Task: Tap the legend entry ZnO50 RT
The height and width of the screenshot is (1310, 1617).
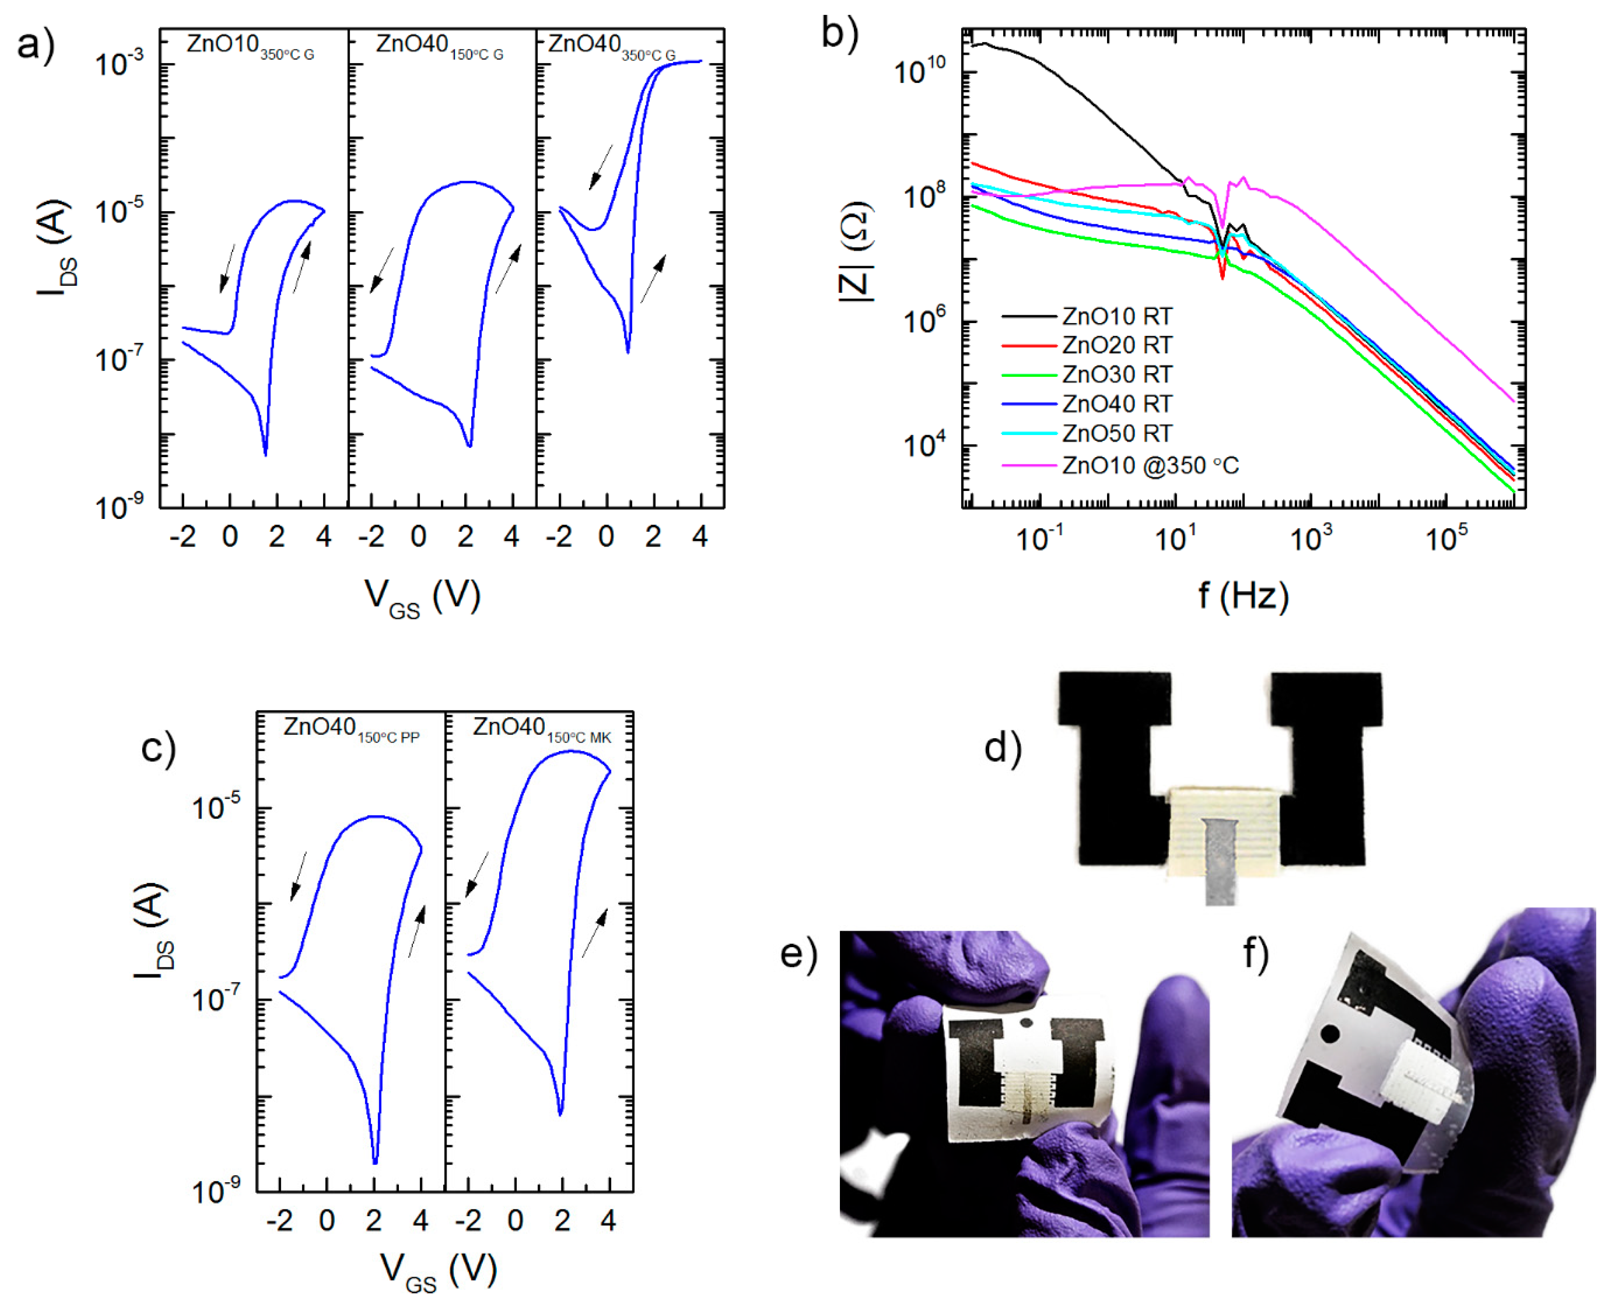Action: tap(1116, 434)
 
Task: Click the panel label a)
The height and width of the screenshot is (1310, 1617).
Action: tap(36, 45)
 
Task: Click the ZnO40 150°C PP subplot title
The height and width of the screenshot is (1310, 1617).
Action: tap(351, 729)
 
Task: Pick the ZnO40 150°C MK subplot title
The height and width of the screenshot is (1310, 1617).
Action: tap(541, 729)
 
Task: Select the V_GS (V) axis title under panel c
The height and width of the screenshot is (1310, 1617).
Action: tap(438, 1271)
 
